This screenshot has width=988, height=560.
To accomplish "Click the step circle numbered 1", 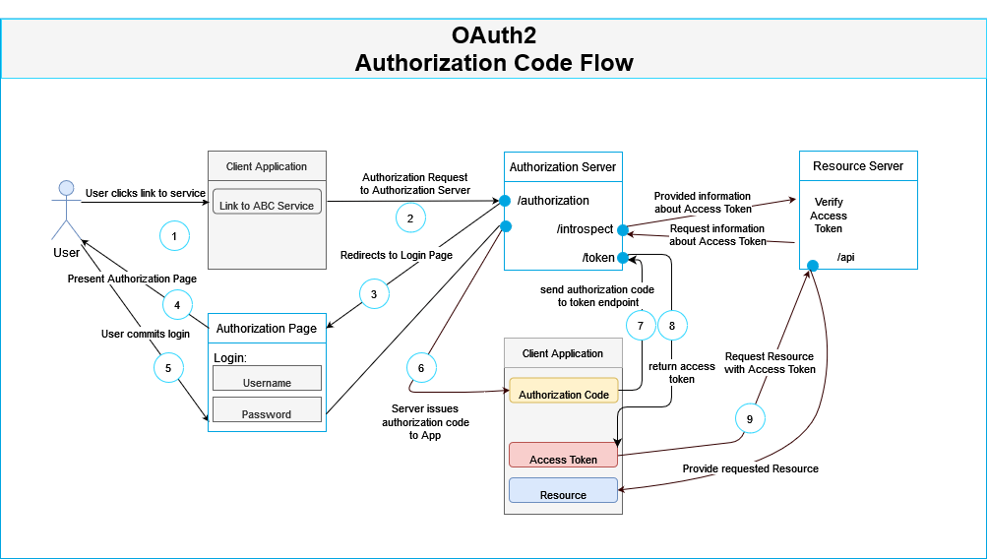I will tap(174, 236).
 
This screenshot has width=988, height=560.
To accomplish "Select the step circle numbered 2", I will tap(411, 217).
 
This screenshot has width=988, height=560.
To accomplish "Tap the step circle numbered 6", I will tap(421, 367).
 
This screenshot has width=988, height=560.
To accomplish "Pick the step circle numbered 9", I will tap(750, 418).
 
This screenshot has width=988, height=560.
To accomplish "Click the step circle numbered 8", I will tap(672, 325).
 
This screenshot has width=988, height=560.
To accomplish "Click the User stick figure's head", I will tap(66, 189).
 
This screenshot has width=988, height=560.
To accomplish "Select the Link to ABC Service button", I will tap(267, 205).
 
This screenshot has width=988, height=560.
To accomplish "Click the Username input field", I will tap(267, 382).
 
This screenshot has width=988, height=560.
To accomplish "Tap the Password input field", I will tap(267, 413).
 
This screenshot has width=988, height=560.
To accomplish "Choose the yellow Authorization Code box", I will tap(563, 394).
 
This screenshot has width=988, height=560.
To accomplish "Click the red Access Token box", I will tap(563, 459).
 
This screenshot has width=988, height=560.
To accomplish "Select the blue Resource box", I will tap(563, 494).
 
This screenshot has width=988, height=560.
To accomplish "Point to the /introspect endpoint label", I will tap(585, 229).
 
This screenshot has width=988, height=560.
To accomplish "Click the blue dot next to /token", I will tap(622, 258).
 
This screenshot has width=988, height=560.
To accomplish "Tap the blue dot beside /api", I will tap(813, 266).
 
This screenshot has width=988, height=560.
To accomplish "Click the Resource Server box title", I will tap(858, 166).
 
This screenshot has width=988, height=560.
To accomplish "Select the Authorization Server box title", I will tap(563, 167).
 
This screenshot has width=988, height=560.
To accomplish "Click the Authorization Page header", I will tap(267, 329).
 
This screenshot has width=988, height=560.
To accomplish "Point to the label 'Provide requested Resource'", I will tap(750, 468).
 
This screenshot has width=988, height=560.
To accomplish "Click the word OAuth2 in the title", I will tap(494, 35).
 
